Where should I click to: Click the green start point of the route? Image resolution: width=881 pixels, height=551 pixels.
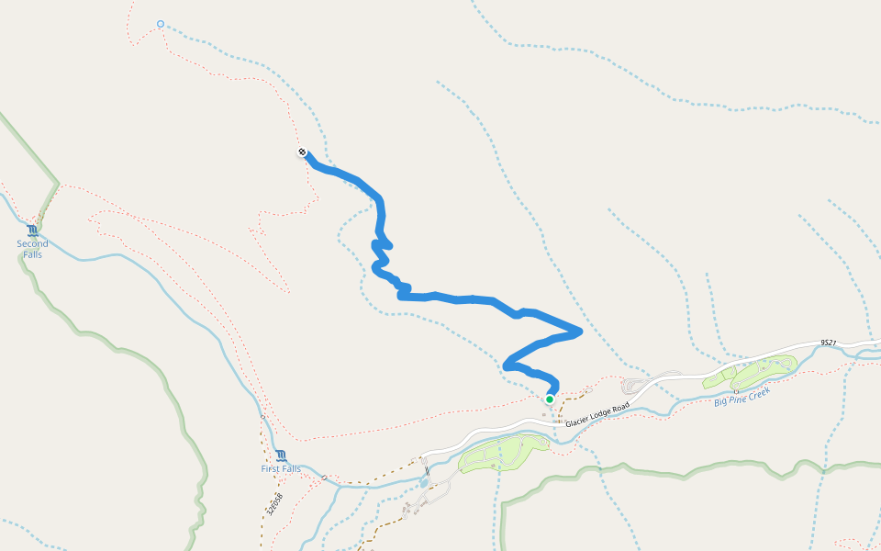coord(549,399)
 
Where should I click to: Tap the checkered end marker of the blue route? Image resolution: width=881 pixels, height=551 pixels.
coord(302,152)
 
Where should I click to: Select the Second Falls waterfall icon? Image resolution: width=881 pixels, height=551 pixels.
coord(33,231)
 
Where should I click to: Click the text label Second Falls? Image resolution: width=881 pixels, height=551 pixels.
coord(33,249)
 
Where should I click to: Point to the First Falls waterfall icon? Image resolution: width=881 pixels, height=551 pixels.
coord(281,455)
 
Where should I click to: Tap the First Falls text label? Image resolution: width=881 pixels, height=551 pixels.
coord(281,469)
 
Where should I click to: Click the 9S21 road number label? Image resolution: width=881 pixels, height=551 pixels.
coord(828,343)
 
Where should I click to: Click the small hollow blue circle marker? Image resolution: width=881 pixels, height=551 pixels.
coord(161,24)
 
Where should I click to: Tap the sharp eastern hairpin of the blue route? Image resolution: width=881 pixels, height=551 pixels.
coord(580,331)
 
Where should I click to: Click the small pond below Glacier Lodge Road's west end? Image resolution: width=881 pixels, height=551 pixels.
coord(423,482)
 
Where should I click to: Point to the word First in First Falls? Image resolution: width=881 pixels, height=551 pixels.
coord(271,469)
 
